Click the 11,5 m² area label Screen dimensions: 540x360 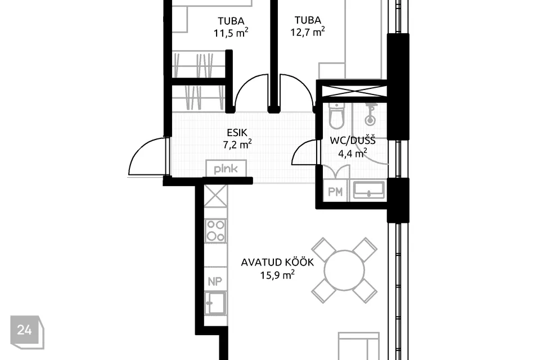click(x=231, y=33)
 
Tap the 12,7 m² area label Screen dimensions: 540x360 click(x=308, y=32)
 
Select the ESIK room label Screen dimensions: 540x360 click(x=237, y=132)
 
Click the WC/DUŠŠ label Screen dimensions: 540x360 click(x=353, y=141)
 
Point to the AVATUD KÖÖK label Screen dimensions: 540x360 click(x=277, y=263)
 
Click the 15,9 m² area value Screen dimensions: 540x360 click(x=277, y=275)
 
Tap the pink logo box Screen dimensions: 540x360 click(x=226, y=169)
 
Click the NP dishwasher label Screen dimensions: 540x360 click(x=215, y=281)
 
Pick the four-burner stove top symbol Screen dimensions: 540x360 click(x=215, y=231)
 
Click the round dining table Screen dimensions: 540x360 click(x=344, y=271)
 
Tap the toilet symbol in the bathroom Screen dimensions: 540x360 click(x=336, y=115)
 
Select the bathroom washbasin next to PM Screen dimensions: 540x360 click(x=369, y=190)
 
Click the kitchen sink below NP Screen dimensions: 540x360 click(x=215, y=303)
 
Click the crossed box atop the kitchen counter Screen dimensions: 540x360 click(x=215, y=196)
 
